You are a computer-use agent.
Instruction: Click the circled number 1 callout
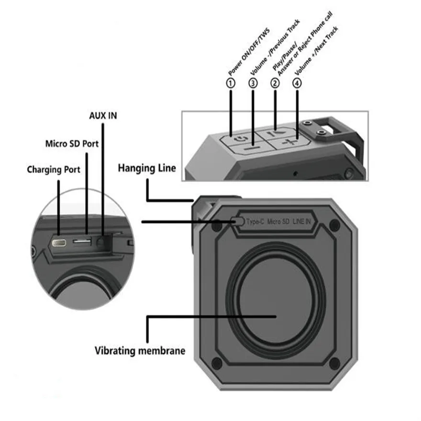coord(231,83)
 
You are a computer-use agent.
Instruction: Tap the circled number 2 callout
coord(275,83)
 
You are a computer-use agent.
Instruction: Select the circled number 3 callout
coord(253,83)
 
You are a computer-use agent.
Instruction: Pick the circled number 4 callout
coord(297,83)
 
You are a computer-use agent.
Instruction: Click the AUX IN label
coord(103,116)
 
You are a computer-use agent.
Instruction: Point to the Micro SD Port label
coord(72,144)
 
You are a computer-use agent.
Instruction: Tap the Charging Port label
coord(54,170)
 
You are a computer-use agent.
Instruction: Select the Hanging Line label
coord(147,168)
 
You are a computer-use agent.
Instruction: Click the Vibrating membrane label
coord(140,351)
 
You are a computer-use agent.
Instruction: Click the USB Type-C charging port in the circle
coord(59,243)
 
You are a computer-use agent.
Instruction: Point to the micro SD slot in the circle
coord(82,242)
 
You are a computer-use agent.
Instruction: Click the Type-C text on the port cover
coord(255,222)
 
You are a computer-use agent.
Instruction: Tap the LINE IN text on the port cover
coord(301,222)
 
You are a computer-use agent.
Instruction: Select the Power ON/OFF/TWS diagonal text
coord(249,52)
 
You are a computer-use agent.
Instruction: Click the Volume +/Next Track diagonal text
coord(316,51)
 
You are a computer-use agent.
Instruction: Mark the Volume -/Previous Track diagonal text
coord(275,47)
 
